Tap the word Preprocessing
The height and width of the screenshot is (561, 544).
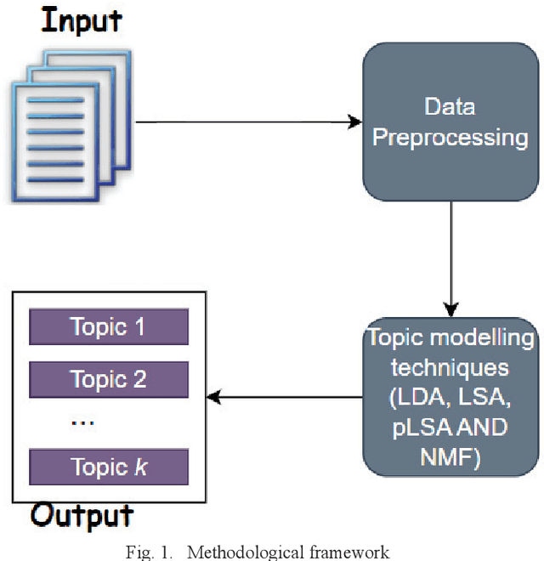450,137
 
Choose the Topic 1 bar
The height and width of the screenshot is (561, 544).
108,326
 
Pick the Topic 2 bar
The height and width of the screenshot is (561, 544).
108,379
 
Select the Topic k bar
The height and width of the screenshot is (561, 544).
108,467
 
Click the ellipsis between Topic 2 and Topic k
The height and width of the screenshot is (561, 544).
82,422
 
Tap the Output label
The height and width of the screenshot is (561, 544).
82,515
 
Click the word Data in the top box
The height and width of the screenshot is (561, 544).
450,108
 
